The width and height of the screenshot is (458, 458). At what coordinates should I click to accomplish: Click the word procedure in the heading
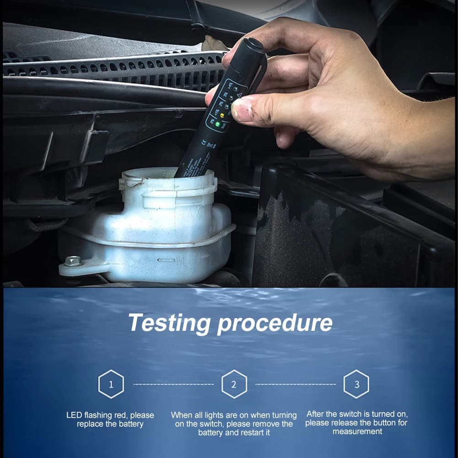tap(275, 323)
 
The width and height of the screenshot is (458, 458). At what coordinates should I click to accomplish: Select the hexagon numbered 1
tap(111, 384)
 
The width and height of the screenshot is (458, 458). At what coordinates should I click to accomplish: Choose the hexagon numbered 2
tap(234, 384)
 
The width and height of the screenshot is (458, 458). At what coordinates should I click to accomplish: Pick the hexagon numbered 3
tap(356, 384)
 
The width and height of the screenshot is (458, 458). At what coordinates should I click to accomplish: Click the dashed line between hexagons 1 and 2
tap(173, 384)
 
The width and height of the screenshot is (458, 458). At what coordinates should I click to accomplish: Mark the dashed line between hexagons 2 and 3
tap(295, 384)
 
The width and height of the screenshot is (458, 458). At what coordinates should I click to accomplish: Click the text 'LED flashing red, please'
tap(110, 415)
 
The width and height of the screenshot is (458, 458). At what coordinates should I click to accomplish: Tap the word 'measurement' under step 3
tap(357, 431)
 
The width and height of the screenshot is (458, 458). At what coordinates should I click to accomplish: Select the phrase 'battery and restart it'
tap(234, 432)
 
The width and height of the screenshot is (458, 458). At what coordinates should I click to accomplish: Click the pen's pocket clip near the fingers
tap(259, 75)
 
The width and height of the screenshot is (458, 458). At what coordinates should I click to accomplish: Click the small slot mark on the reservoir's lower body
tap(166, 260)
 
